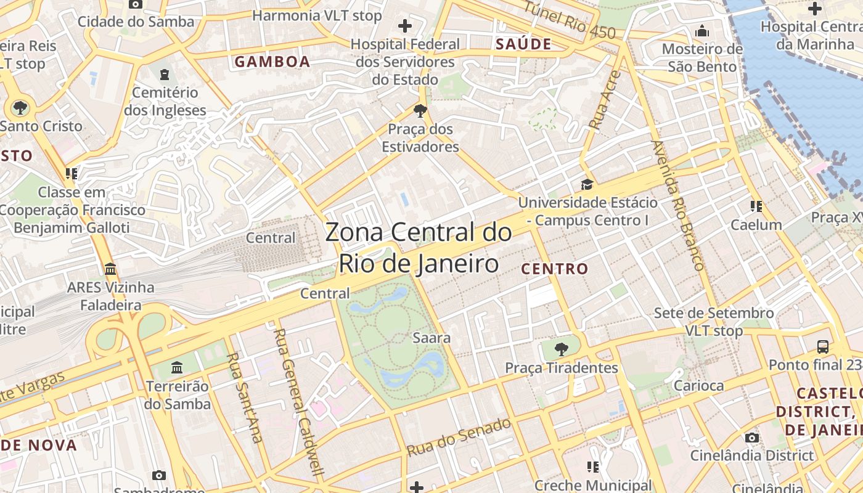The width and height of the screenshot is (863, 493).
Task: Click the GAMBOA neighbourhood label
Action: tap(272, 62)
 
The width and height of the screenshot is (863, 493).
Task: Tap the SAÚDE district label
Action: tap(523, 44)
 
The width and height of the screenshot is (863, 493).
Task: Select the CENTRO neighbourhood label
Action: tap(555, 269)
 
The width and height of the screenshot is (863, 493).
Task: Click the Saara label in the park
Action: tap(431, 338)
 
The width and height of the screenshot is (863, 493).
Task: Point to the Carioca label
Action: tap(698, 386)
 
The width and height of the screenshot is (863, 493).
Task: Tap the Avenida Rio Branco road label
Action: tap(677, 206)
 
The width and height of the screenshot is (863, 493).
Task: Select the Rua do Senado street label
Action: tap(459, 437)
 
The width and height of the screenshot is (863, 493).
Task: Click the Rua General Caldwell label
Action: tap(298, 402)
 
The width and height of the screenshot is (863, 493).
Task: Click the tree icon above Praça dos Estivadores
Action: tap(420, 111)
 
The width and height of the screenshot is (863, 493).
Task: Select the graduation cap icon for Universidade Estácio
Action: tap(587, 184)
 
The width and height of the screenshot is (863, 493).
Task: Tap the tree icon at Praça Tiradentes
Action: tap(561, 349)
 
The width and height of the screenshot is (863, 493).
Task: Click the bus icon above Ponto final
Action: tap(822, 346)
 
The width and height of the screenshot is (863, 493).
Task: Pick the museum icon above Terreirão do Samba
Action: tap(177, 368)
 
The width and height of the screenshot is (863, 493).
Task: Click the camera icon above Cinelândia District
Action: tap(751, 438)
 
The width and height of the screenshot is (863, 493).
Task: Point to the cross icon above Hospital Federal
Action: tap(405, 26)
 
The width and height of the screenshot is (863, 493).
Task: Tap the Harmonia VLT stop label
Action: tap(317, 15)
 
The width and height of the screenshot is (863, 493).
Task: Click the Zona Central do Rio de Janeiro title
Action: tap(419, 248)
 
